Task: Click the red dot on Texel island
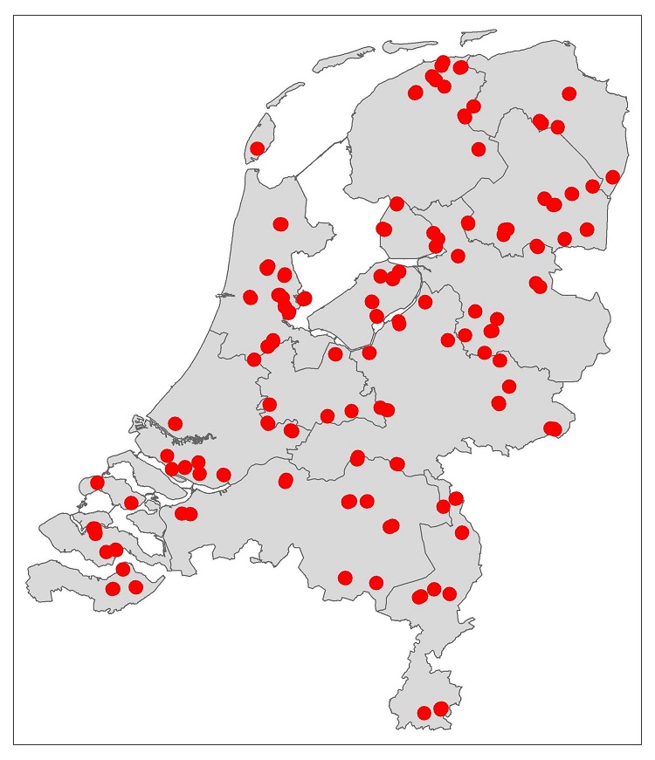[x=257, y=148]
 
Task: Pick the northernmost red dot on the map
[x=442, y=64]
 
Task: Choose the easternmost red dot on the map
[x=612, y=177]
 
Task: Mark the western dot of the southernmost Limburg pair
[x=424, y=713]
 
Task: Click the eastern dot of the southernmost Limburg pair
[x=441, y=708]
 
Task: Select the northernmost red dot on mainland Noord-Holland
[x=280, y=224]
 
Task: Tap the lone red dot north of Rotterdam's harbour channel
[x=175, y=423]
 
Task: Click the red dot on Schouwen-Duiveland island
[x=97, y=483]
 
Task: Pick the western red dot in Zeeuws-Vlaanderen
[x=113, y=588]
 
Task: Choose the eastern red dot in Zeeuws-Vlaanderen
[x=135, y=587]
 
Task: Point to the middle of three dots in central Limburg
[x=434, y=589]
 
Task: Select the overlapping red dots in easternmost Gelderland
[x=552, y=428]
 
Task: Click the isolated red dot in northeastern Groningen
[x=569, y=93]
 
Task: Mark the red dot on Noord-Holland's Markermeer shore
[x=304, y=298]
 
